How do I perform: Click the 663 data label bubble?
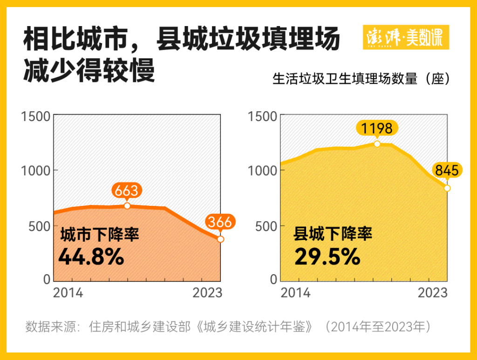(127, 190)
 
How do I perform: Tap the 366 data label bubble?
(220, 222)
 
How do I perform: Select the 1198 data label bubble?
(377, 128)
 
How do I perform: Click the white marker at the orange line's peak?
(127, 206)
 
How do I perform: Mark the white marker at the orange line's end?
(221, 239)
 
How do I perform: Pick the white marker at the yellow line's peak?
(377, 143)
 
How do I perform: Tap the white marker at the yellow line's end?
(447, 188)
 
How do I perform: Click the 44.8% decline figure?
(91, 257)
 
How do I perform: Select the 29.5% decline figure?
(327, 257)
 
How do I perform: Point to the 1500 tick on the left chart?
(35, 116)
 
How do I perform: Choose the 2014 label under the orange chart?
(68, 293)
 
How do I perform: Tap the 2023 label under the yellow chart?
(432, 293)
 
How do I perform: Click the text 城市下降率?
(100, 234)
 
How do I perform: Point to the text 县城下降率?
(333, 234)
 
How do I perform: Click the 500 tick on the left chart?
(40, 226)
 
